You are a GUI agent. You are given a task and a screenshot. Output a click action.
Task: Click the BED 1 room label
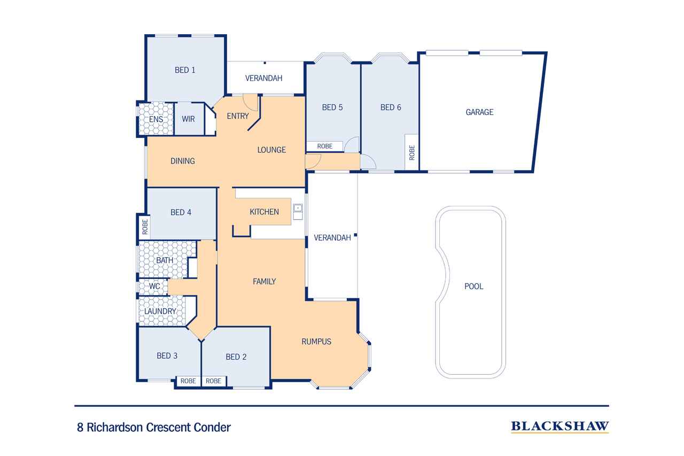tap(185, 69)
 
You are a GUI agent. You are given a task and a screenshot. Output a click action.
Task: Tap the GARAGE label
tap(479, 112)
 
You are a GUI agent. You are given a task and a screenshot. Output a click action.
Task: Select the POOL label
tap(473, 287)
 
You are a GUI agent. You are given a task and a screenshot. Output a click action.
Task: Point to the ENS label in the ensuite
tap(156, 119)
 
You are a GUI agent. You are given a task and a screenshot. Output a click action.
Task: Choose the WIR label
tap(188, 119)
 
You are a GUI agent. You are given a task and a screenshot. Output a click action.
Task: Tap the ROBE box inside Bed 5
tap(324, 146)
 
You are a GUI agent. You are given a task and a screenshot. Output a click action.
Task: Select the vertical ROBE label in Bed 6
tap(411, 153)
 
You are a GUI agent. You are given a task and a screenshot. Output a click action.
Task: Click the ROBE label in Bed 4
tap(144, 227)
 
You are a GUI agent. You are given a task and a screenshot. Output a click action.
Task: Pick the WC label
tap(154, 287)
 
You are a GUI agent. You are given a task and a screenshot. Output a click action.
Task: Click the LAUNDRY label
tap(160, 311)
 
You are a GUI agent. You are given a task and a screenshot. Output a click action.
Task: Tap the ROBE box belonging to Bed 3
tap(188, 381)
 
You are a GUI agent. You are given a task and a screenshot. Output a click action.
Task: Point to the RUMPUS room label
tap(316, 342)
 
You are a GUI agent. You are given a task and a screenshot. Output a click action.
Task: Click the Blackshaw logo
tap(559, 426)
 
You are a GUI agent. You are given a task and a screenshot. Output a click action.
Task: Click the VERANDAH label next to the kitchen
tap(332, 238)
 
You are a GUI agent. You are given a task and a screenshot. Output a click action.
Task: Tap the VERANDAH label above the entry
tap(263, 78)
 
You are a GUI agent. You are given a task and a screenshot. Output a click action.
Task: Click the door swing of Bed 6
tap(368, 162)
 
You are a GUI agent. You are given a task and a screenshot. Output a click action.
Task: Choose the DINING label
tap(183, 161)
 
